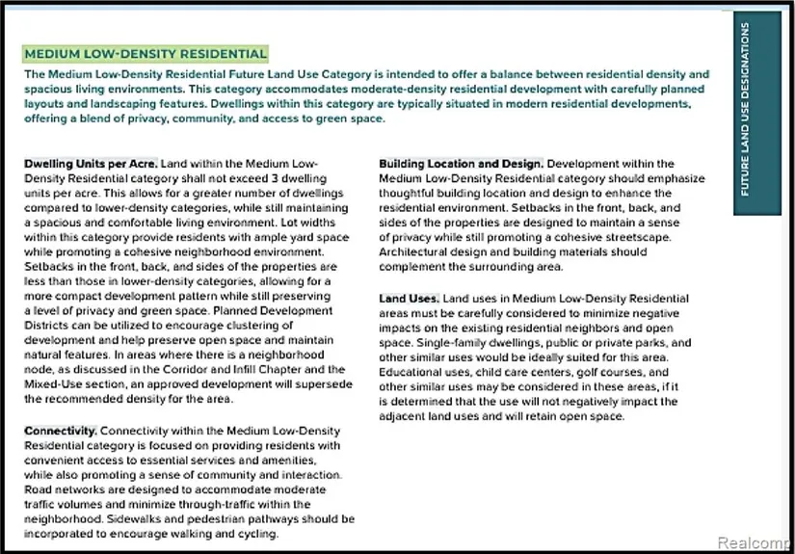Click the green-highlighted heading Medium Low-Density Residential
pyautogui.click(x=146, y=54)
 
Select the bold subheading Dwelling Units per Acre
pyautogui.click(x=91, y=165)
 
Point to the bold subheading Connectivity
pyautogui.click(x=60, y=431)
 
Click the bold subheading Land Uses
pyautogui.click(x=406, y=299)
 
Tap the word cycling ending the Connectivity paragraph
pyautogui.click(x=255, y=534)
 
